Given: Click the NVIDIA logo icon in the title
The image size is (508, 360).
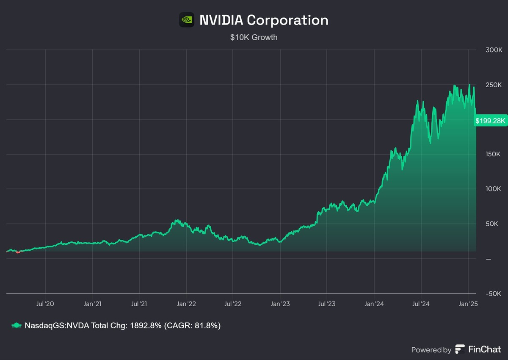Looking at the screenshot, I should click(187, 19).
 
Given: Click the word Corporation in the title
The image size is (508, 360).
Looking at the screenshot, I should click(287, 20).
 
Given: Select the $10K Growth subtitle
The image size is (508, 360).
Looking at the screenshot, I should click(254, 37).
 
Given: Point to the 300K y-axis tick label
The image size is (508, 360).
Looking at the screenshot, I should click(493, 50).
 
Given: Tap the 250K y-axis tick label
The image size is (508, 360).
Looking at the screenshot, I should click(493, 85).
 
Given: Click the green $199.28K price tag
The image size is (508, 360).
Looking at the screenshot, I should click(490, 121).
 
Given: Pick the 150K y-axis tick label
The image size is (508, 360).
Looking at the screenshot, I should click(493, 154).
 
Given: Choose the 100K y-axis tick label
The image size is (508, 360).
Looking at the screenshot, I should click(493, 189).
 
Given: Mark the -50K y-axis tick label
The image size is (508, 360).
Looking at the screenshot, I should click(493, 294).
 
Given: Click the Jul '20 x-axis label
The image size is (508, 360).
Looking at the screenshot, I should click(45, 304).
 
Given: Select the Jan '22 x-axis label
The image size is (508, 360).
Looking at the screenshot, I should click(186, 304).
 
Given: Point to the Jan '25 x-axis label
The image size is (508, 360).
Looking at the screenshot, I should click(468, 304).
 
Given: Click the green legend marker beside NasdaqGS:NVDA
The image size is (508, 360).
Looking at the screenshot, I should click(16, 325).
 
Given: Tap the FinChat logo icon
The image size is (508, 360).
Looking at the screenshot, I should click(460, 349).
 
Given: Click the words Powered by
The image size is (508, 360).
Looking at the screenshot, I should click(431, 350).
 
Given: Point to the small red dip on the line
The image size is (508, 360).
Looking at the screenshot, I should click(18, 252).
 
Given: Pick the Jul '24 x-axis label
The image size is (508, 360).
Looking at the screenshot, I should click(421, 304).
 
